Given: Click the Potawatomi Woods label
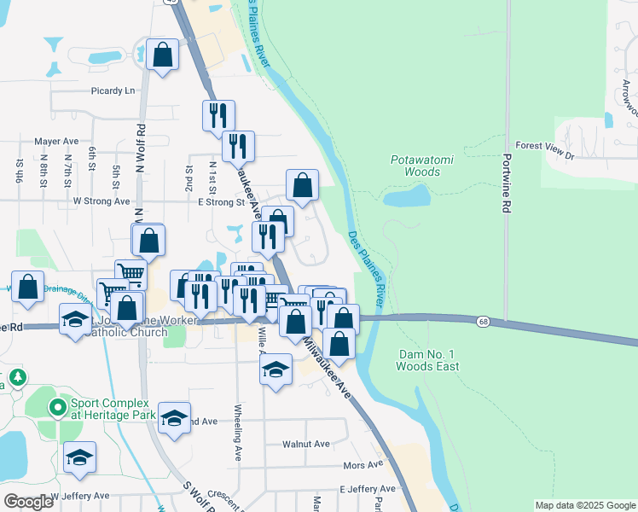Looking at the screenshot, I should click(415, 166).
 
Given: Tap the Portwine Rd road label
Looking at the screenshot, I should click(507, 183).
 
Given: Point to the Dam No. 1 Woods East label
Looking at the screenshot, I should click(428, 360).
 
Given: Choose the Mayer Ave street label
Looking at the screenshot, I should click(56, 142).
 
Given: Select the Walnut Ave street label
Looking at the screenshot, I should click(308, 444).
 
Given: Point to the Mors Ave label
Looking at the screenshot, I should click(362, 465).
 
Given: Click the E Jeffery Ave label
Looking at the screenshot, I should click(368, 489).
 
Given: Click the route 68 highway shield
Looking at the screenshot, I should click(484, 321).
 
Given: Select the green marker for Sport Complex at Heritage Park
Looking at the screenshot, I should click(58, 408).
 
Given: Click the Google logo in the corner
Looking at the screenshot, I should click(28, 502).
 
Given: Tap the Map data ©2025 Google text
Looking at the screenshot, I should click(584, 505).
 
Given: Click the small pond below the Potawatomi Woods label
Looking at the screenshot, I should click(407, 197).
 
